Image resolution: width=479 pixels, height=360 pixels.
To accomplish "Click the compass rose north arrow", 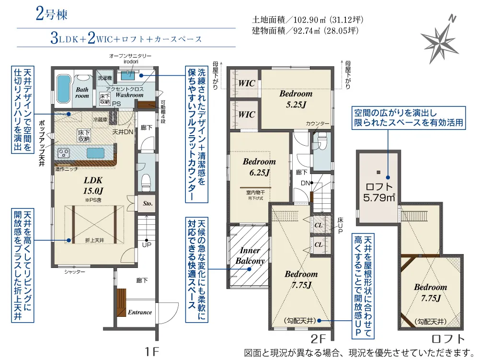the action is click(x=440, y=39).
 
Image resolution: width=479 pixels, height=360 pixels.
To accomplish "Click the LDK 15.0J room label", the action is click(x=93, y=186).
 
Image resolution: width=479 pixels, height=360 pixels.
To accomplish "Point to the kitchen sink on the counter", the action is click(x=95, y=152).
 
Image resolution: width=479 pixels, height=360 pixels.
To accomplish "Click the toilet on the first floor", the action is click(x=146, y=182).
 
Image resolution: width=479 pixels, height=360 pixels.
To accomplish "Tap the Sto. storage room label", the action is click(x=148, y=203).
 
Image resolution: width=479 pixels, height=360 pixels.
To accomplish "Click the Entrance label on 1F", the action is click(x=140, y=313).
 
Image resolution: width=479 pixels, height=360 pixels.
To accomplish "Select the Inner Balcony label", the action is click(x=250, y=256).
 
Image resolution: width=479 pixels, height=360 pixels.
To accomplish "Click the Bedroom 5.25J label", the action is click(x=296, y=99).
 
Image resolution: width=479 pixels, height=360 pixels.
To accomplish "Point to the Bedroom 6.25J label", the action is click(x=259, y=167).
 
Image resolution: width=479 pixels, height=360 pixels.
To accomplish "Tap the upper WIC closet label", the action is click(x=247, y=83).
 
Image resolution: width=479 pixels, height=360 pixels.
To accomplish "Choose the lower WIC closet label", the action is click(x=247, y=115).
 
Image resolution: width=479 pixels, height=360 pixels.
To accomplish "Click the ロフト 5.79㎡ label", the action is click(x=379, y=192).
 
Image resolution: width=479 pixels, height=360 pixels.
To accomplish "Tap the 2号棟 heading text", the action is click(x=51, y=14).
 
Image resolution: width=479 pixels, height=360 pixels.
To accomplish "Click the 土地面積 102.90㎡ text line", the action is click(x=308, y=20).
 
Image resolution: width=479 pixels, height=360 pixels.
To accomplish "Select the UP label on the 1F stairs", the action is click(x=147, y=245).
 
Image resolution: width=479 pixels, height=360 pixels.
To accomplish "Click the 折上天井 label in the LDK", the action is click(x=95, y=241).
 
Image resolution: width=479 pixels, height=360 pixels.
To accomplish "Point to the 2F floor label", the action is click(x=319, y=339).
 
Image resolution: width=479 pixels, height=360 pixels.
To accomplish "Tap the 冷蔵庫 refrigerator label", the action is click(x=100, y=119).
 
